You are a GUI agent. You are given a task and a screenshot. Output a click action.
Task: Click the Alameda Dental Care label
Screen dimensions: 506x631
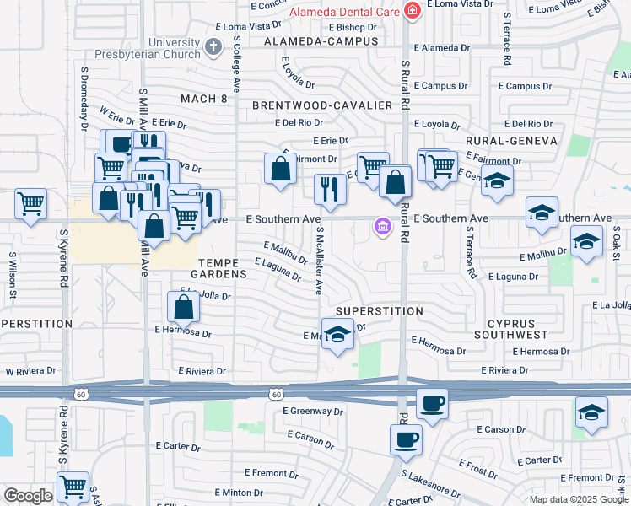click(x=344, y=12)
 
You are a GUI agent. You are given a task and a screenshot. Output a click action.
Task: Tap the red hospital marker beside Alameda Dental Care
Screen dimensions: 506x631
click(x=412, y=11)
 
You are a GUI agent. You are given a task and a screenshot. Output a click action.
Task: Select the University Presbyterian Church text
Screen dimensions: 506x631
click(x=172, y=49)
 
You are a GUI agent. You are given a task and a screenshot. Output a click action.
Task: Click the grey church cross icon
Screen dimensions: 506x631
click(x=213, y=46)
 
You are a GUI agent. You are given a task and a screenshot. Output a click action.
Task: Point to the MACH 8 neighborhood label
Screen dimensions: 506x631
click(x=204, y=99)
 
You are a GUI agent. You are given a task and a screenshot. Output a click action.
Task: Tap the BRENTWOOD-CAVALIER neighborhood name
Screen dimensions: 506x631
click(x=322, y=105)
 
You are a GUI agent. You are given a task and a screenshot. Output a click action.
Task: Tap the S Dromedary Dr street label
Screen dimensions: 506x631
click(x=84, y=99)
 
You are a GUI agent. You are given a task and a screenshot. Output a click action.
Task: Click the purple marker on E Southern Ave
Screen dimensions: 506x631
click(x=382, y=227)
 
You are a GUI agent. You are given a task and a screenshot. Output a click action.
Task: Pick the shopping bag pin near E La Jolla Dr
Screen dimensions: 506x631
click(x=184, y=307)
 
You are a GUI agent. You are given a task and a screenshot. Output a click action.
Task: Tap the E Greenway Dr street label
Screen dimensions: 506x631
click(x=313, y=411)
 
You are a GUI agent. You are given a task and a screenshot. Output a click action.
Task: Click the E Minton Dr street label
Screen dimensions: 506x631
click(x=240, y=492)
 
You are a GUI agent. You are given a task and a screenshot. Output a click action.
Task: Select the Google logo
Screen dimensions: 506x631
click(x=28, y=496)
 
